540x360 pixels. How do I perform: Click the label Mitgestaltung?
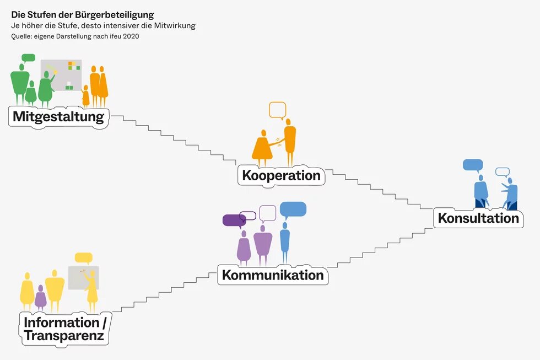(58, 117)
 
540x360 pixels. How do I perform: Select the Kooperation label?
(281, 176)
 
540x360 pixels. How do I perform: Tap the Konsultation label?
(478, 218)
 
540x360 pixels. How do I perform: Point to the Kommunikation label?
(272, 275)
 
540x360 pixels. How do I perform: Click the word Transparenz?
(64, 336)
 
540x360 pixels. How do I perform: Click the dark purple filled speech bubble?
(234, 221)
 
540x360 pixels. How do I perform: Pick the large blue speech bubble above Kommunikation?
(293, 209)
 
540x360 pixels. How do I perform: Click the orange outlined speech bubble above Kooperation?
(277, 109)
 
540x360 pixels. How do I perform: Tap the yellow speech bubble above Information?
(83, 257)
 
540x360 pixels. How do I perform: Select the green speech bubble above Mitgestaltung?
(28, 58)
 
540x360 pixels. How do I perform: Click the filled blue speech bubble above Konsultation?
(472, 164)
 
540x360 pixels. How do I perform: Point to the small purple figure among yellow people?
(41, 298)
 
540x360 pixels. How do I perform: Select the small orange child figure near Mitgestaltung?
(85, 96)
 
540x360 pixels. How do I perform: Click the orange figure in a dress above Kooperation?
(263, 147)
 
